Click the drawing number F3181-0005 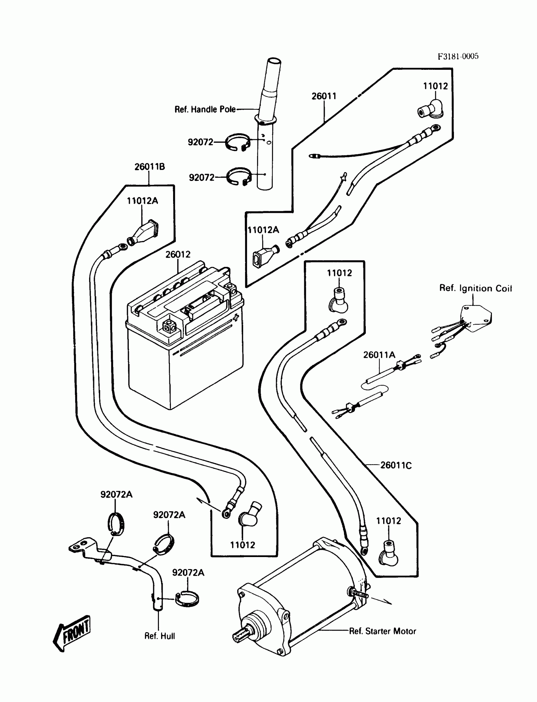pyautogui.click(x=458, y=57)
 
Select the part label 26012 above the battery pyautogui.click(x=178, y=254)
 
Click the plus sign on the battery pyautogui.click(x=236, y=317)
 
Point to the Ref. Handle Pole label pyautogui.click(x=205, y=110)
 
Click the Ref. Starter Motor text pyautogui.click(x=382, y=631)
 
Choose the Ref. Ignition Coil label pyautogui.click(x=475, y=288)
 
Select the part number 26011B pyautogui.click(x=150, y=167)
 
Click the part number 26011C pyautogui.click(x=396, y=465)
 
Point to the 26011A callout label pyautogui.click(x=379, y=355)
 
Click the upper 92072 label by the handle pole pyautogui.click(x=200, y=142)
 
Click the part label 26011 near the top pyautogui.click(x=324, y=96)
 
